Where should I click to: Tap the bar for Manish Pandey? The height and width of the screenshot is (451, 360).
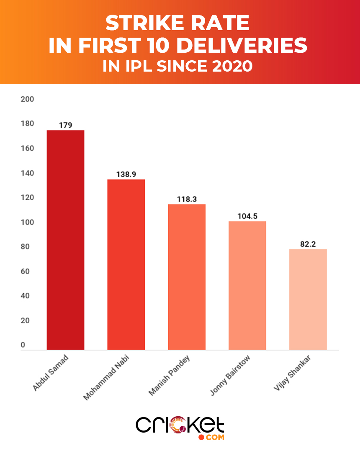[x=187, y=277]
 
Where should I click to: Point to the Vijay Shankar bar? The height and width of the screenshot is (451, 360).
[x=308, y=299]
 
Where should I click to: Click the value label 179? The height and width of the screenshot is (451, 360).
[x=65, y=125]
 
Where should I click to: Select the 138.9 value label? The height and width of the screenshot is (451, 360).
[x=126, y=174]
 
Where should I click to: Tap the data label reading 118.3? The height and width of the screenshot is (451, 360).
[x=187, y=199]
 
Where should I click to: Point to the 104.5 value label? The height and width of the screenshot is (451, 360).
[x=247, y=216]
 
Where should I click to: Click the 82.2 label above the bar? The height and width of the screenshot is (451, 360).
[x=308, y=244]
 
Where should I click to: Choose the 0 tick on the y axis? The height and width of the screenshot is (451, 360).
[x=23, y=345]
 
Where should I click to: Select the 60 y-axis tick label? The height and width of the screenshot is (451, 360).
[x=25, y=271]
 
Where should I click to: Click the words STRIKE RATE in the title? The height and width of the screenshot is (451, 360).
[x=177, y=23]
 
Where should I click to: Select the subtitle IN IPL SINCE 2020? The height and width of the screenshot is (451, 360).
[x=177, y=66]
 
